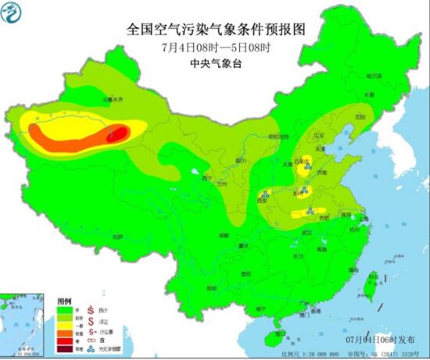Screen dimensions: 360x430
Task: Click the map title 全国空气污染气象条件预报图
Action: tap(215, 29)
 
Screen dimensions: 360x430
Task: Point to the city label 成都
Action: tap(225, 233)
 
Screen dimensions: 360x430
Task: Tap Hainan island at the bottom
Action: tap(274, 337)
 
